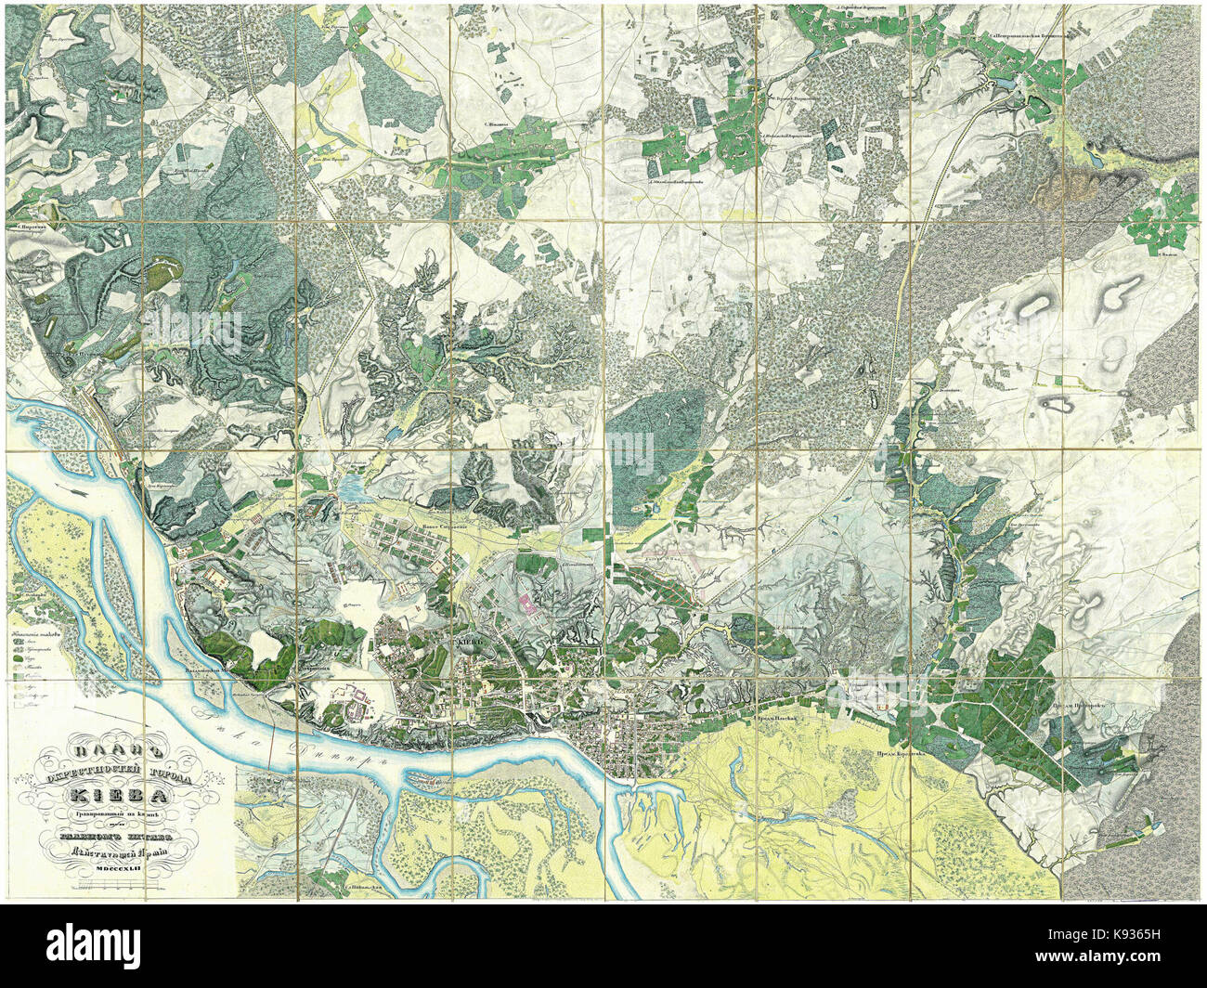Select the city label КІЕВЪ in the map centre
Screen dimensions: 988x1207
(x=467, y=641)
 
